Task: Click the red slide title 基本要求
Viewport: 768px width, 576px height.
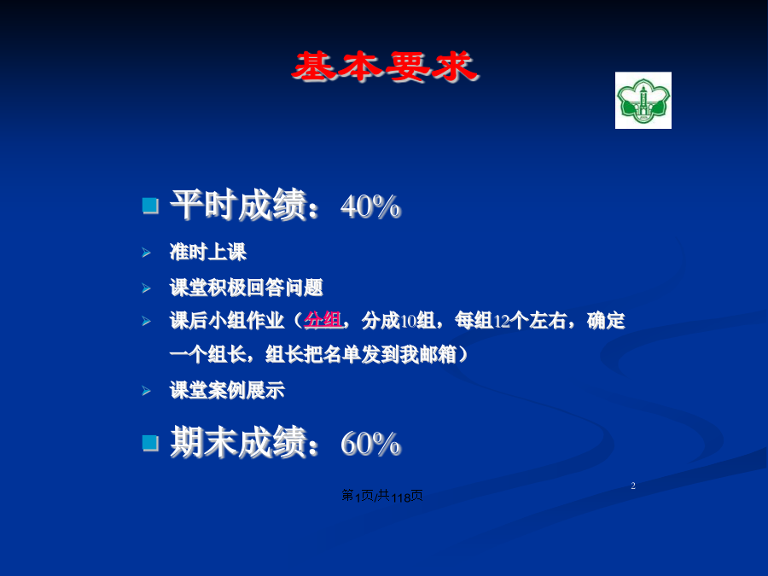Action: [385, 67]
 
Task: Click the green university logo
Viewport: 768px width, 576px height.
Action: [643, 101]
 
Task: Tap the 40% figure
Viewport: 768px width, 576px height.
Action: [371, 207]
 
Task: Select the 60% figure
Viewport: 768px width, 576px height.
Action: [371, 445]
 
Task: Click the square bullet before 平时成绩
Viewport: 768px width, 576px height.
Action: [150, 206]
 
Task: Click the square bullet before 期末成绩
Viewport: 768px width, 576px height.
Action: [150, 443]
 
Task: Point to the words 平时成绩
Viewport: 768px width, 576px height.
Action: [239, 205]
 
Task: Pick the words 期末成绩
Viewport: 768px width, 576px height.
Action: [239, 442]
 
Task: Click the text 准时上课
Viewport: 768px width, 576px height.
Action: [208, 253]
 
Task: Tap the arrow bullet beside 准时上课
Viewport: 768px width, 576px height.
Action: [146, 253]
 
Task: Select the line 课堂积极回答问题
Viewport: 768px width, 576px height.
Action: [247, 288]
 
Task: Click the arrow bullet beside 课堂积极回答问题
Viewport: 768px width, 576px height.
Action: [146, 288]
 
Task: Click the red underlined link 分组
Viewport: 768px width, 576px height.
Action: [323, 320]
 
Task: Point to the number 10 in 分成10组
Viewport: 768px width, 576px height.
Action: [409, 322]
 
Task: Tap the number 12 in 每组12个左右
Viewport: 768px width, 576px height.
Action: [502, 322]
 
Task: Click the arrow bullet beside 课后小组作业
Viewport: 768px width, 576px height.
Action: [146, 322]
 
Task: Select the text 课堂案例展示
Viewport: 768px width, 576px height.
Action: [227, 390]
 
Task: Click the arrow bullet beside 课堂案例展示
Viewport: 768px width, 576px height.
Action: [146, 391]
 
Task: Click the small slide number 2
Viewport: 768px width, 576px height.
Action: [633, 486]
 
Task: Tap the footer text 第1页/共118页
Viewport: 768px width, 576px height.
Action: [382, 496]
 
